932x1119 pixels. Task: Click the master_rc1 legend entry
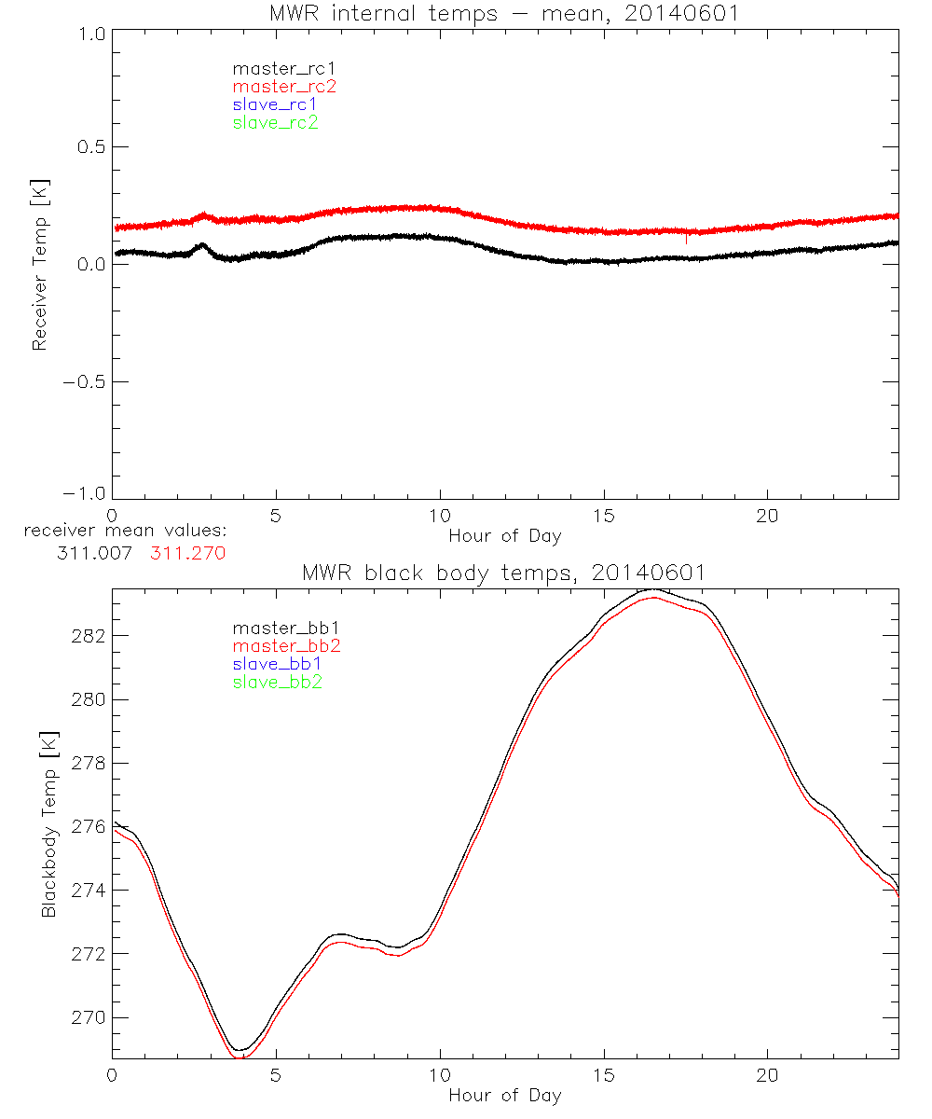[275, 69]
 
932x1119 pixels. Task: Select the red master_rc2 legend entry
[284, 87]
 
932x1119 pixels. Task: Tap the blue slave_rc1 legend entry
[275, 104]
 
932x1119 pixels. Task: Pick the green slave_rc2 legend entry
[275, 122]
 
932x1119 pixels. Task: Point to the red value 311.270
[187, 553]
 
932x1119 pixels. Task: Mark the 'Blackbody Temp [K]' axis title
[48, 825]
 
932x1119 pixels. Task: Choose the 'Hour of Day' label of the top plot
[504, 536]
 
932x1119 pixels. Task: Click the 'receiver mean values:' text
[125, 532]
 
